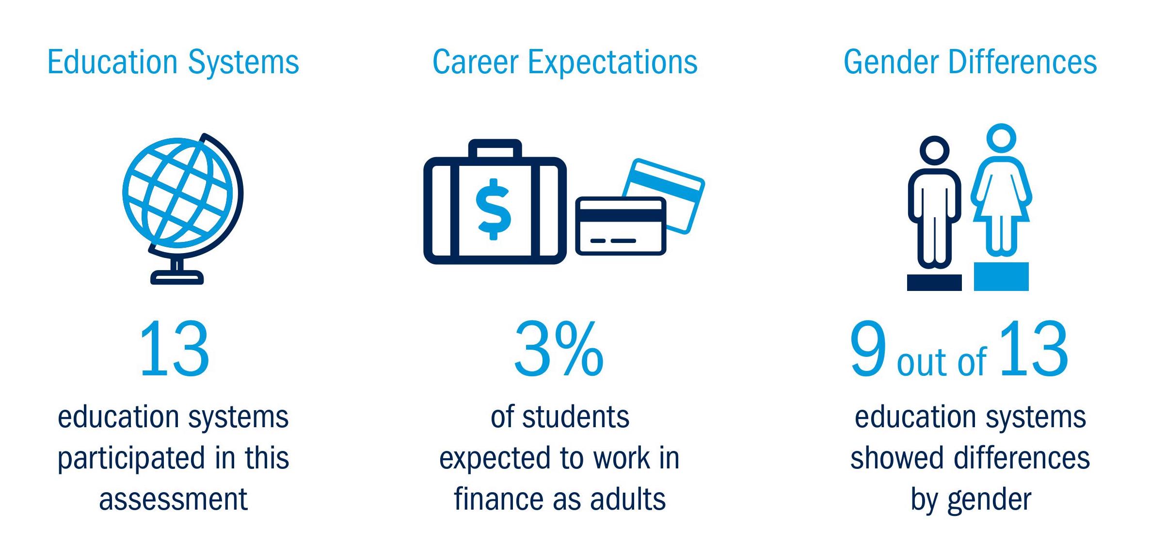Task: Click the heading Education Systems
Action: tap(173, 63)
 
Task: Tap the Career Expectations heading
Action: tap(565, 63)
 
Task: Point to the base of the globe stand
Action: tap(177, 277)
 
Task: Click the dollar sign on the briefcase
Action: tap(494, 209)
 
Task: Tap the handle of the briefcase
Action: tap(495, 148)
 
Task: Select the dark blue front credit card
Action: tap(621, 226)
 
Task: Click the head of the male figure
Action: tap(934, 151)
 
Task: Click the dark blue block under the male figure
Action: tap(934, 283)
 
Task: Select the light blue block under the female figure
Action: tap(1001, 276)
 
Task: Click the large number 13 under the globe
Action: tap(174, 349)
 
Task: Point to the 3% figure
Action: tap(559, 349)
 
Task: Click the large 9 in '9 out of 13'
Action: tap(868, 349)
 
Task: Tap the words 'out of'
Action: tap(942, 361)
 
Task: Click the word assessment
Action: tap(173, 499)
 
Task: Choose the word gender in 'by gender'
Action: tap(989, 501)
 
